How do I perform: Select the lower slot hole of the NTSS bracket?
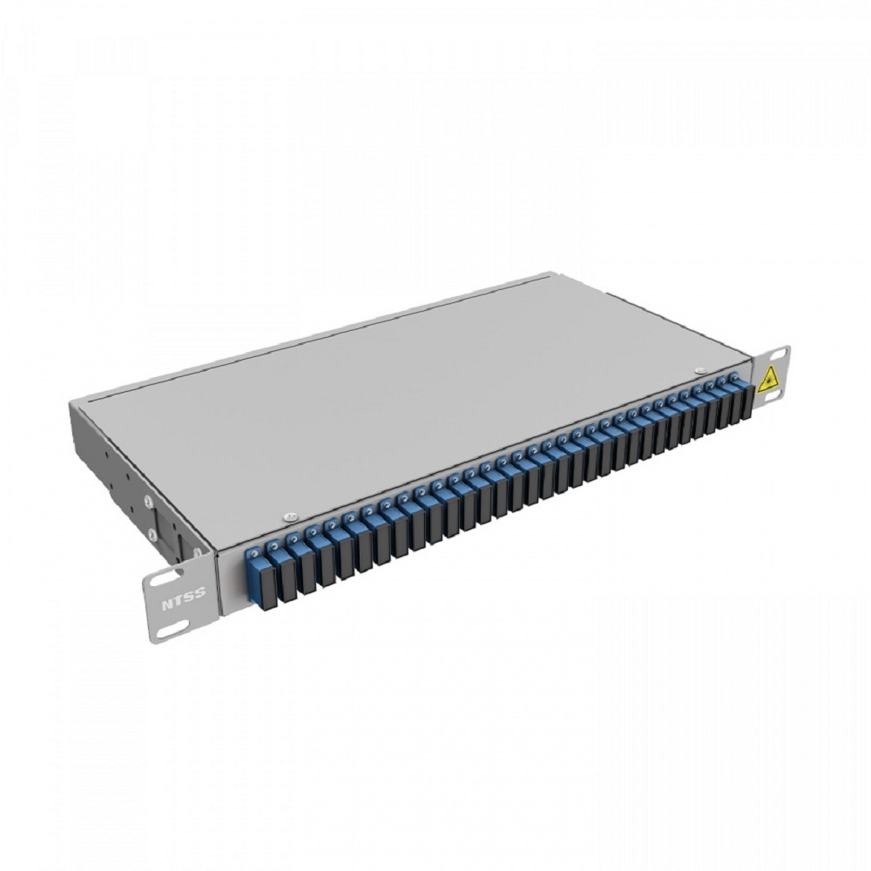[x=166, y=632]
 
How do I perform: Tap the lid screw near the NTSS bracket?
[x=288, y=517]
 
